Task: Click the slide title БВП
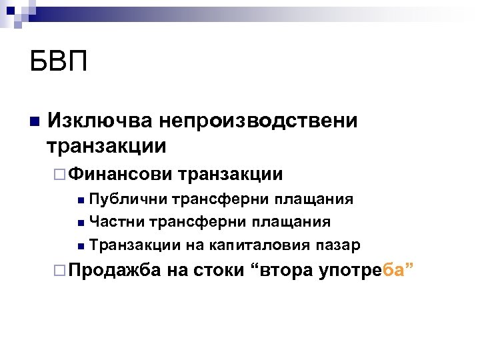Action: pos(59,64)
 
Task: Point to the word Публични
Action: pos(129,199)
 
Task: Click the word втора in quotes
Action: pos(283,271)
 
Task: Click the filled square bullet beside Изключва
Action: pos(34,121)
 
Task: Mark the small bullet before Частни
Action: pos(80,222)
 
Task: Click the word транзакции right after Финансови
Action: pos(230,174)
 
